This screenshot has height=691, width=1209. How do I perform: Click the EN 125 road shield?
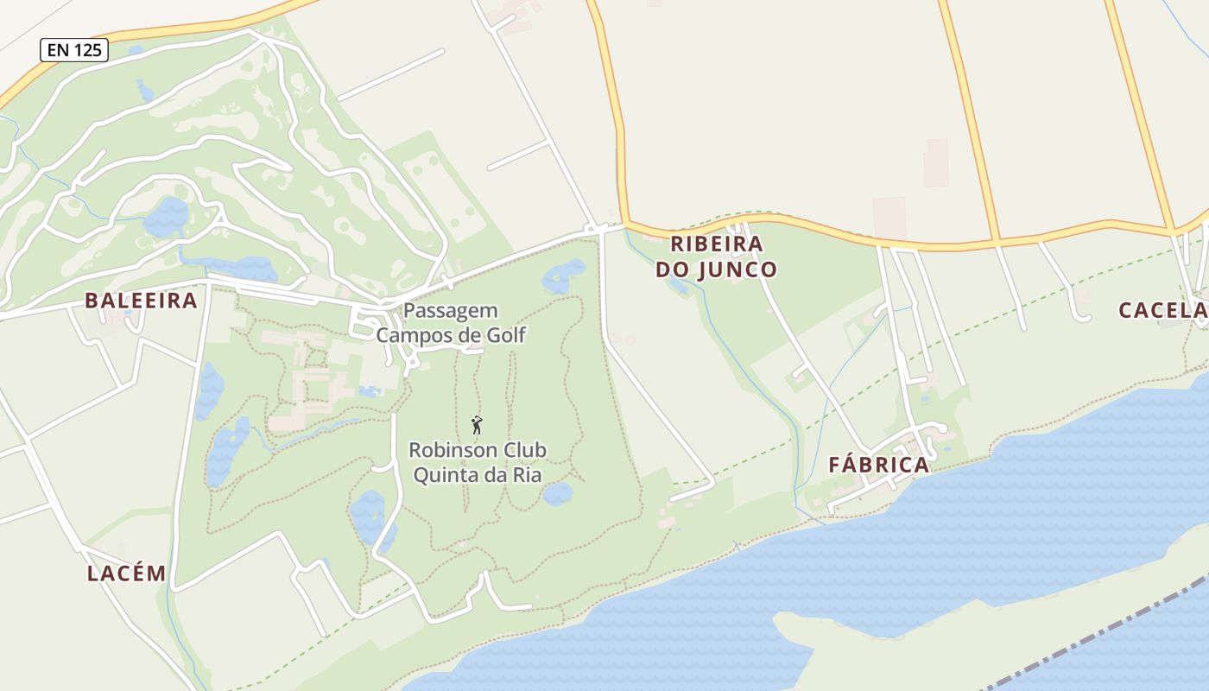click(74, 50)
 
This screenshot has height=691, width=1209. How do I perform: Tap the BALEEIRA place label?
click(141, 301)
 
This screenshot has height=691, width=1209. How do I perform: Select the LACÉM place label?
click(126, 574)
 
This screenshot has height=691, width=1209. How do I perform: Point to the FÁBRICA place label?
click(879, 465)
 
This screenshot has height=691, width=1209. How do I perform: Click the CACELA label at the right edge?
click(1162, 310)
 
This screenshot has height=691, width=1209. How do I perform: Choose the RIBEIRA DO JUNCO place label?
click(716, 257)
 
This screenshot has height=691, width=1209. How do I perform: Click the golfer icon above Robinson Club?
click(477, 425)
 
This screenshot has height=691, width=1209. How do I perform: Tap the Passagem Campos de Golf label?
click(451, 323)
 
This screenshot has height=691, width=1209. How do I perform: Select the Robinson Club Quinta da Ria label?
click(478, 462)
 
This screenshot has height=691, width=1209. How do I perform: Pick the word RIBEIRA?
click(716, 244)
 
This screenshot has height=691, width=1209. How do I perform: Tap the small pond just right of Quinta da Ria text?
click(558, 494)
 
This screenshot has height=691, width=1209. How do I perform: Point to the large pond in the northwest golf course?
click(166, 217)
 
